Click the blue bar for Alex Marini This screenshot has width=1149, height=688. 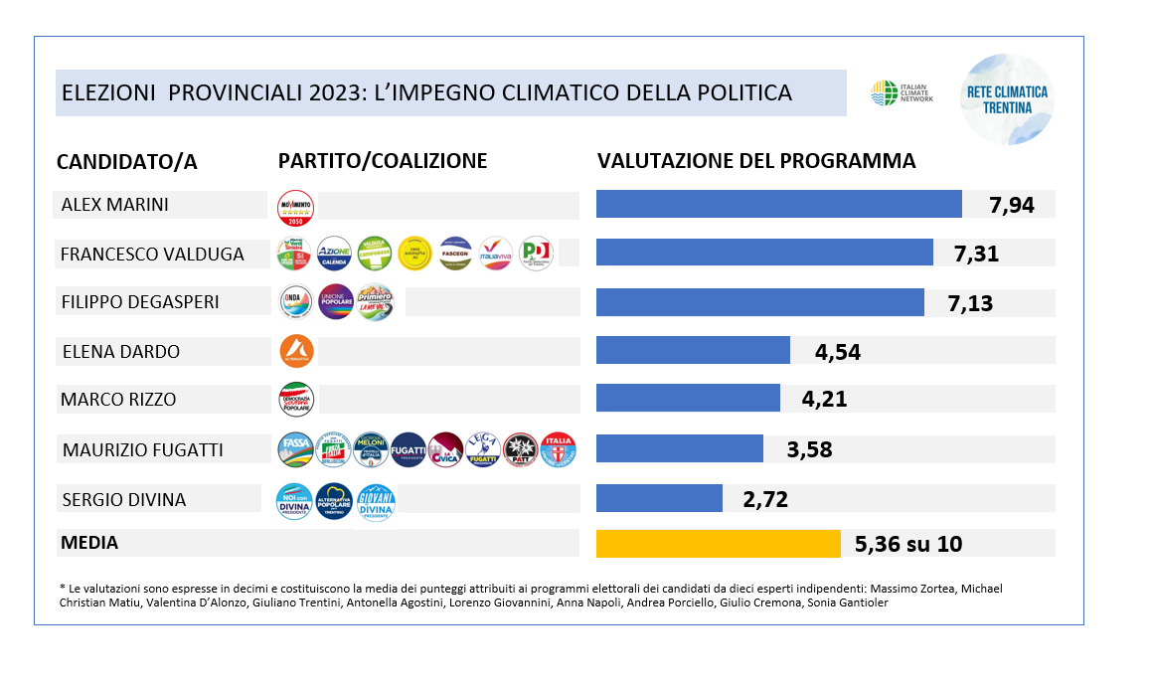point(778,204)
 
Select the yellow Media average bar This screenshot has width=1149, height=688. point(719,544)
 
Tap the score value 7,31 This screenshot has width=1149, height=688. point(976,254)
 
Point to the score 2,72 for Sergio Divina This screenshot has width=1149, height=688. point(765,499)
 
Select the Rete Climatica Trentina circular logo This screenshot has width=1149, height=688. point(1007,98)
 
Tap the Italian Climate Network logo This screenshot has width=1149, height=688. point(902,93)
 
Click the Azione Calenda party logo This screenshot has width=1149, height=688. point(333,254)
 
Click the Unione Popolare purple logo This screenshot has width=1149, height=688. point(334,301)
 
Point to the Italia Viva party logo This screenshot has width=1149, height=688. point(495,254)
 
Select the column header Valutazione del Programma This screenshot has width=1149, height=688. point(755,161)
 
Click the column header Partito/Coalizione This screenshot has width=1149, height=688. point(382,161)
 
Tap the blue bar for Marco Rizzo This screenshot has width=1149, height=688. point(688,399)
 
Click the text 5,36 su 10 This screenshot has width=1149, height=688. point(907,544)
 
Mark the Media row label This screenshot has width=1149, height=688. point(89,543)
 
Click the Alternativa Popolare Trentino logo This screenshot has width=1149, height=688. point(334,501)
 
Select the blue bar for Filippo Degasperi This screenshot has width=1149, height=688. point(759,302)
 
